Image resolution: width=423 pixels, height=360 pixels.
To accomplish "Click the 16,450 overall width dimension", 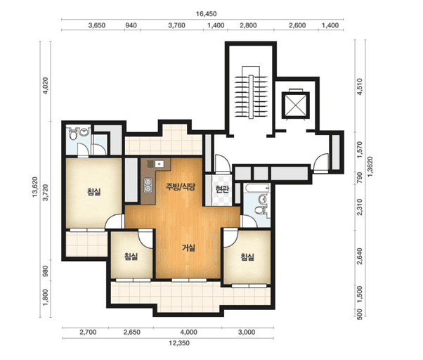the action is pos(206,14).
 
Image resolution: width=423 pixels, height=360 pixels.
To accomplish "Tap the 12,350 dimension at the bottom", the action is pos(179,343).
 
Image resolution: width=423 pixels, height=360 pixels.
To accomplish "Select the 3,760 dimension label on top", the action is pos(176,25).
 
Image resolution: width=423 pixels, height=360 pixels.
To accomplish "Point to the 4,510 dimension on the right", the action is pos(360,86).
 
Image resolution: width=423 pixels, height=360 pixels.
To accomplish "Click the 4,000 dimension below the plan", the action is pos(189,332).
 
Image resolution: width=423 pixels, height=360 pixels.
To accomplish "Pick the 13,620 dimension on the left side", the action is pos(35,187).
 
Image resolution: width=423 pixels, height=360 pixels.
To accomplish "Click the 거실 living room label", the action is pos(188,247).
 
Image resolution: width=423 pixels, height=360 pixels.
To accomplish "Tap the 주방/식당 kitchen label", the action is pos(180,187).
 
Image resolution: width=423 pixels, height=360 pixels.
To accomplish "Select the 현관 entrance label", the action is pos(222,189).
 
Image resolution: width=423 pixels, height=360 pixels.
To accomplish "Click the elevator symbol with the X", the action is pos(295,105).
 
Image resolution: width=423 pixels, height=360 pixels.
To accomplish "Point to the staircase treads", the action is pos(251,97).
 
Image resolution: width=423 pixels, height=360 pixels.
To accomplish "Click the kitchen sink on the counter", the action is pos(160,164).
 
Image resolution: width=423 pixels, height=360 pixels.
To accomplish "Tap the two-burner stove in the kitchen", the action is pos(148,186).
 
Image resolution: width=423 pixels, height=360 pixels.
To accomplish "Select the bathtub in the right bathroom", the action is pos(256,188).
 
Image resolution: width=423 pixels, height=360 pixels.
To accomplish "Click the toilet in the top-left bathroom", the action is pos(73,134).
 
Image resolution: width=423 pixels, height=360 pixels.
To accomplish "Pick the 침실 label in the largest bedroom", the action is pos(94,192).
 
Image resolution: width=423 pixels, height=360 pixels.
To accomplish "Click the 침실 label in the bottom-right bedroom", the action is pos(247,257).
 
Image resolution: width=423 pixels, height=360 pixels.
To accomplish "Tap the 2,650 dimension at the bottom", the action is pos(132,332).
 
